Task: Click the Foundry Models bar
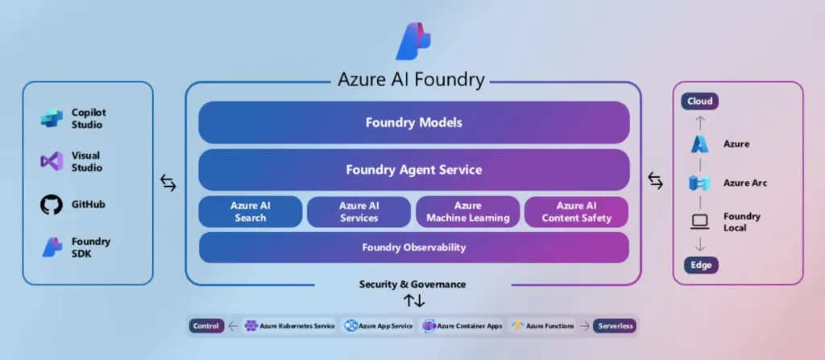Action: click(413, 122)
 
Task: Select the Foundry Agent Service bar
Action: click(413, 170)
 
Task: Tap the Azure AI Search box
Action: click(251, 212)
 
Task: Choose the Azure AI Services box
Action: click(359, 212)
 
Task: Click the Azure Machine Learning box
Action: click(467, 212)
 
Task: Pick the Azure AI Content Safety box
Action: click(576, 212)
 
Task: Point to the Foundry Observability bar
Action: click(413, 247)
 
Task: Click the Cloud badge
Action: click(699, 101)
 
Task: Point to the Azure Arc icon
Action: click(699, 183)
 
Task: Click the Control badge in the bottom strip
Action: click(205, 326)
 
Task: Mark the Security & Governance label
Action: click(412, 284)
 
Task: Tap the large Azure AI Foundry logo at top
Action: click(413, 42)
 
